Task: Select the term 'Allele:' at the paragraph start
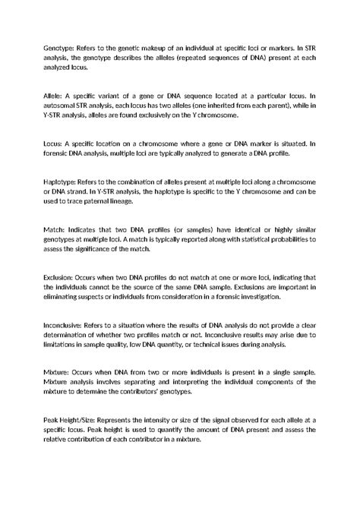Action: (x=55, y=96)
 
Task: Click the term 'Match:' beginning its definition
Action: (x=56, y=228)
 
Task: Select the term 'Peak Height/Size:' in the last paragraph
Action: (x=74, y=421)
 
